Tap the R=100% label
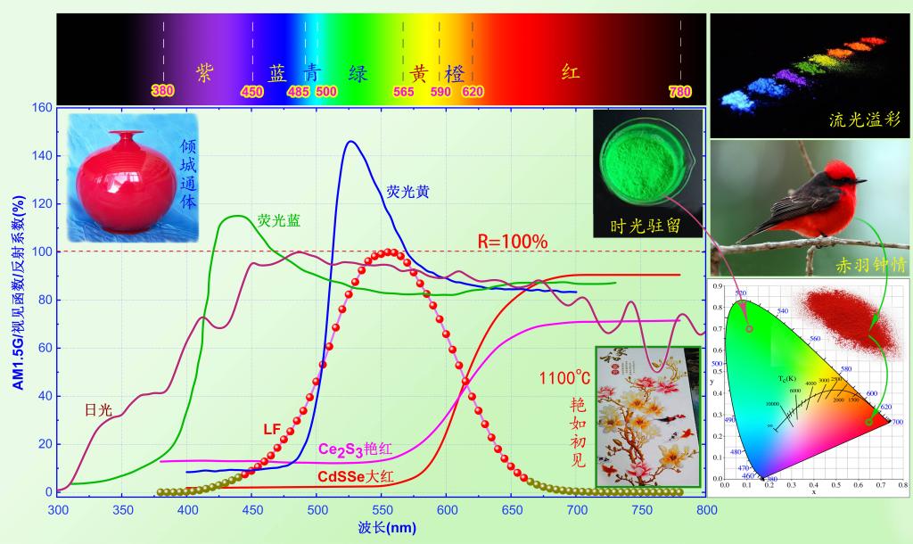point(512,242)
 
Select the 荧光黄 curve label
point(407,191)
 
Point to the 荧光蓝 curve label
point(279,219)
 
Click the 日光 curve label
point(98,410)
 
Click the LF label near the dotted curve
point(273,429)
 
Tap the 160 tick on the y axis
point(42,108)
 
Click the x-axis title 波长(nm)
point(381,527)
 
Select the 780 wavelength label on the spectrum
point(680,91)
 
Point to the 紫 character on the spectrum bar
point(205,73)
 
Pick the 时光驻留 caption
point(650,226)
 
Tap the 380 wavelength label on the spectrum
point(162,91)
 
